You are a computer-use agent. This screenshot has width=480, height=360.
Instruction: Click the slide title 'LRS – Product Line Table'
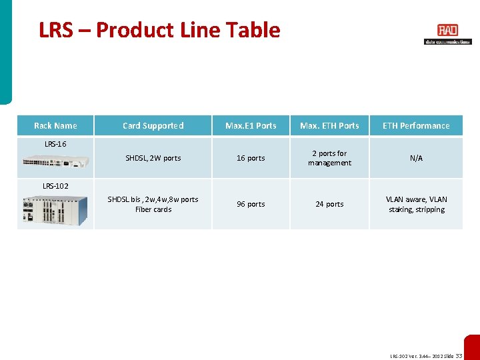pos(159,30)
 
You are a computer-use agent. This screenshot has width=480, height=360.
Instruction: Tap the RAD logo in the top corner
pos(447,34)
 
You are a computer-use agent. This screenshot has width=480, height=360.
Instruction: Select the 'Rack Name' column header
pos(55,125)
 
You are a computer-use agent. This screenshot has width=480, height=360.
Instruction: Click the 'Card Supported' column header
pos(153,125)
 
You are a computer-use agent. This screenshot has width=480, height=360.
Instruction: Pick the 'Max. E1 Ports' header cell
pos(251,125)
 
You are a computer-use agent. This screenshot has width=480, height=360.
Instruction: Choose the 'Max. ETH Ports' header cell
pos(329,125)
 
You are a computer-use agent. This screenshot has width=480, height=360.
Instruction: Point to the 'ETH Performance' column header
pos(416,125)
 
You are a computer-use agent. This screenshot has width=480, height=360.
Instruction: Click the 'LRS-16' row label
pos(55,143)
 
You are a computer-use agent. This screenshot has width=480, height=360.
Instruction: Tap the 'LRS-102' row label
pos(55,185)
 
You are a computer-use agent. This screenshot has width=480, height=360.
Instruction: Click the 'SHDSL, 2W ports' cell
pos(153,158)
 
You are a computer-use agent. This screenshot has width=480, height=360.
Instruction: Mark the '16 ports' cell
pos(251,158)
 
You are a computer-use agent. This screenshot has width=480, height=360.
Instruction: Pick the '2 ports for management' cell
pos(329,158)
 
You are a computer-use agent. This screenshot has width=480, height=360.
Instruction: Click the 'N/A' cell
pos(416,158)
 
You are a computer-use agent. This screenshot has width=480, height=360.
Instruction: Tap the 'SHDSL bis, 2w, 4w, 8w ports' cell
pos(153,204)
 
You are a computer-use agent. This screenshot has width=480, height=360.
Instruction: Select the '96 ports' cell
pos(251,204)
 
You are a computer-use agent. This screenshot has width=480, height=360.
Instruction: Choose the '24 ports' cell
pos(329,204)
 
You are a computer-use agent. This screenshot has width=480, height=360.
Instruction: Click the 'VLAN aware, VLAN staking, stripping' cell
pos(416,204)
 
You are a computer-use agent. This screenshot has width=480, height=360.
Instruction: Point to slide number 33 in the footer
pos(459,356)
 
